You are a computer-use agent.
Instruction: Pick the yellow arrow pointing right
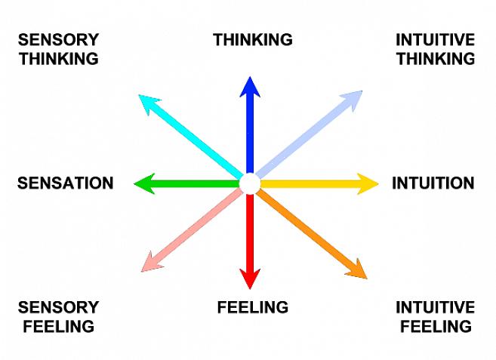coord(317,183)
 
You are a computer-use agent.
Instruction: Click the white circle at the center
coord(249,183)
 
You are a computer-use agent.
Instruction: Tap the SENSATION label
coord(65,183)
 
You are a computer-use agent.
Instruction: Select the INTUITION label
coord(433,183)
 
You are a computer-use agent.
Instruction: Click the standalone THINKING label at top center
coord(252,40)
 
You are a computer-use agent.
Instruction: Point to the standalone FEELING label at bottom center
coord(252,307)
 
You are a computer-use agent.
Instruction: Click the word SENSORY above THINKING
coord(58,40)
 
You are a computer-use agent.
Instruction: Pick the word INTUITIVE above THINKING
coord(435,40)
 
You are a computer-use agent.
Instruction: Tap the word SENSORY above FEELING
coord(58,307)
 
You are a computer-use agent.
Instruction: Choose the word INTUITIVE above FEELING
coord(435,307)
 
